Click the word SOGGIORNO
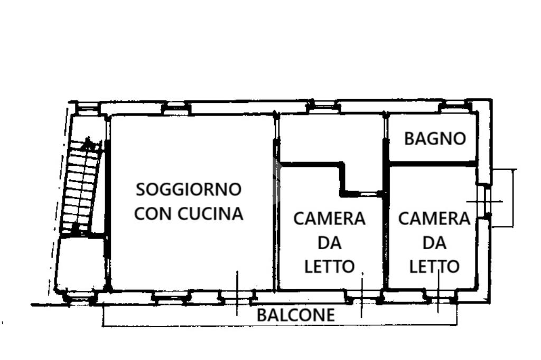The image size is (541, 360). (x=189, y=189)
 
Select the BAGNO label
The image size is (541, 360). (x=435, y=139)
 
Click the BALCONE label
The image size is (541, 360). (x=295, y=315)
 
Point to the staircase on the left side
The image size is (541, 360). (x=80, y=185)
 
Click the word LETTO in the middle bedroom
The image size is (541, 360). (x=329, y=267)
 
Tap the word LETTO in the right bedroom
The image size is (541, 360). (x=434, y=267)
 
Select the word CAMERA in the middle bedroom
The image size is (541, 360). (x=329, y=218)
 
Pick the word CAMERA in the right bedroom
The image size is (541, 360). (x=434, y=218)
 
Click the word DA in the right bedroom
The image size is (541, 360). (x=434, y=243)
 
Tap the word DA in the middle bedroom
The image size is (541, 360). (x=329, y=243)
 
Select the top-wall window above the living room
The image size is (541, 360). (x=175, y=109)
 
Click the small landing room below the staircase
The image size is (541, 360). (x=80, y=262)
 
